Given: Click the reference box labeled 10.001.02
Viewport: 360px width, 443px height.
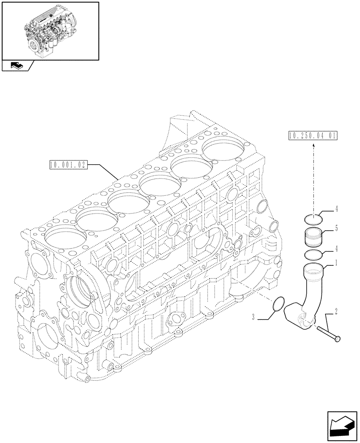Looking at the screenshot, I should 68,166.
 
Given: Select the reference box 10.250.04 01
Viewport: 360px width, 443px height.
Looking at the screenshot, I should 312,136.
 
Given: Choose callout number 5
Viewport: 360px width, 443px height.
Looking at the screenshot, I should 336,229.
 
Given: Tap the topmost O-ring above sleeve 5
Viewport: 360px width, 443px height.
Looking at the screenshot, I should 313,218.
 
